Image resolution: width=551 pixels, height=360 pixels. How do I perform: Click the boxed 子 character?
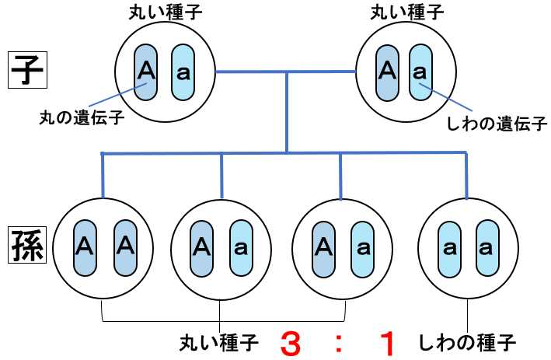point(28,72)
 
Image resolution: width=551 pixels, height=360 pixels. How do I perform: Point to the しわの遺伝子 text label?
point(498,123)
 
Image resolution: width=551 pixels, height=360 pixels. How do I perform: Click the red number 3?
point(289,342)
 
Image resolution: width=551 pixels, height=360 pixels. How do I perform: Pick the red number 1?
point(386,342)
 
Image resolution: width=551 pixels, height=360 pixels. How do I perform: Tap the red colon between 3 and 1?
point(339,343)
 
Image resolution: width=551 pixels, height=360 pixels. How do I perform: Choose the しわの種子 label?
point(467,341)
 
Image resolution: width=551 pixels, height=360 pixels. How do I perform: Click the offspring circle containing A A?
point(103,247)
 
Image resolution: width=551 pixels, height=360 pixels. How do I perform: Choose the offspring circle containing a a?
point(466,247)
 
